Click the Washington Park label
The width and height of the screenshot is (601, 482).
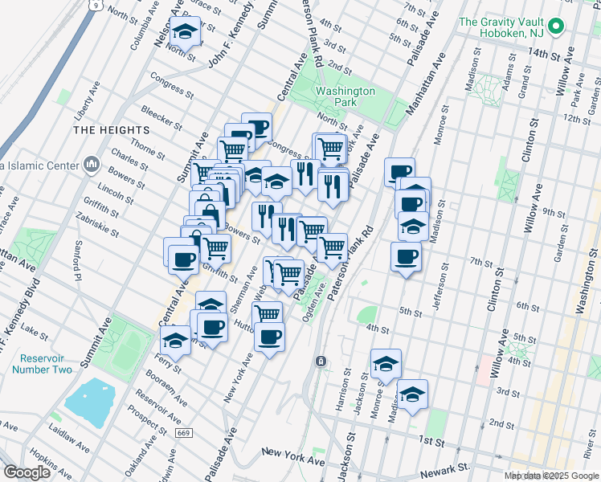click(345, 97)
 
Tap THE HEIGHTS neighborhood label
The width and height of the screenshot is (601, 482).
click(111, 129)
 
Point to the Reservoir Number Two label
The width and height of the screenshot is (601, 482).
click(42, 363)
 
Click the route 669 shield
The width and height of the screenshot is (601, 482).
click(186, 432)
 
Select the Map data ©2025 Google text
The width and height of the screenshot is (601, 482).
click(550, 476)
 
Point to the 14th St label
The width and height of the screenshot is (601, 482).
click(543, 54)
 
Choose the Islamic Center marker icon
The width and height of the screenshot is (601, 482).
click(90, 165)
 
